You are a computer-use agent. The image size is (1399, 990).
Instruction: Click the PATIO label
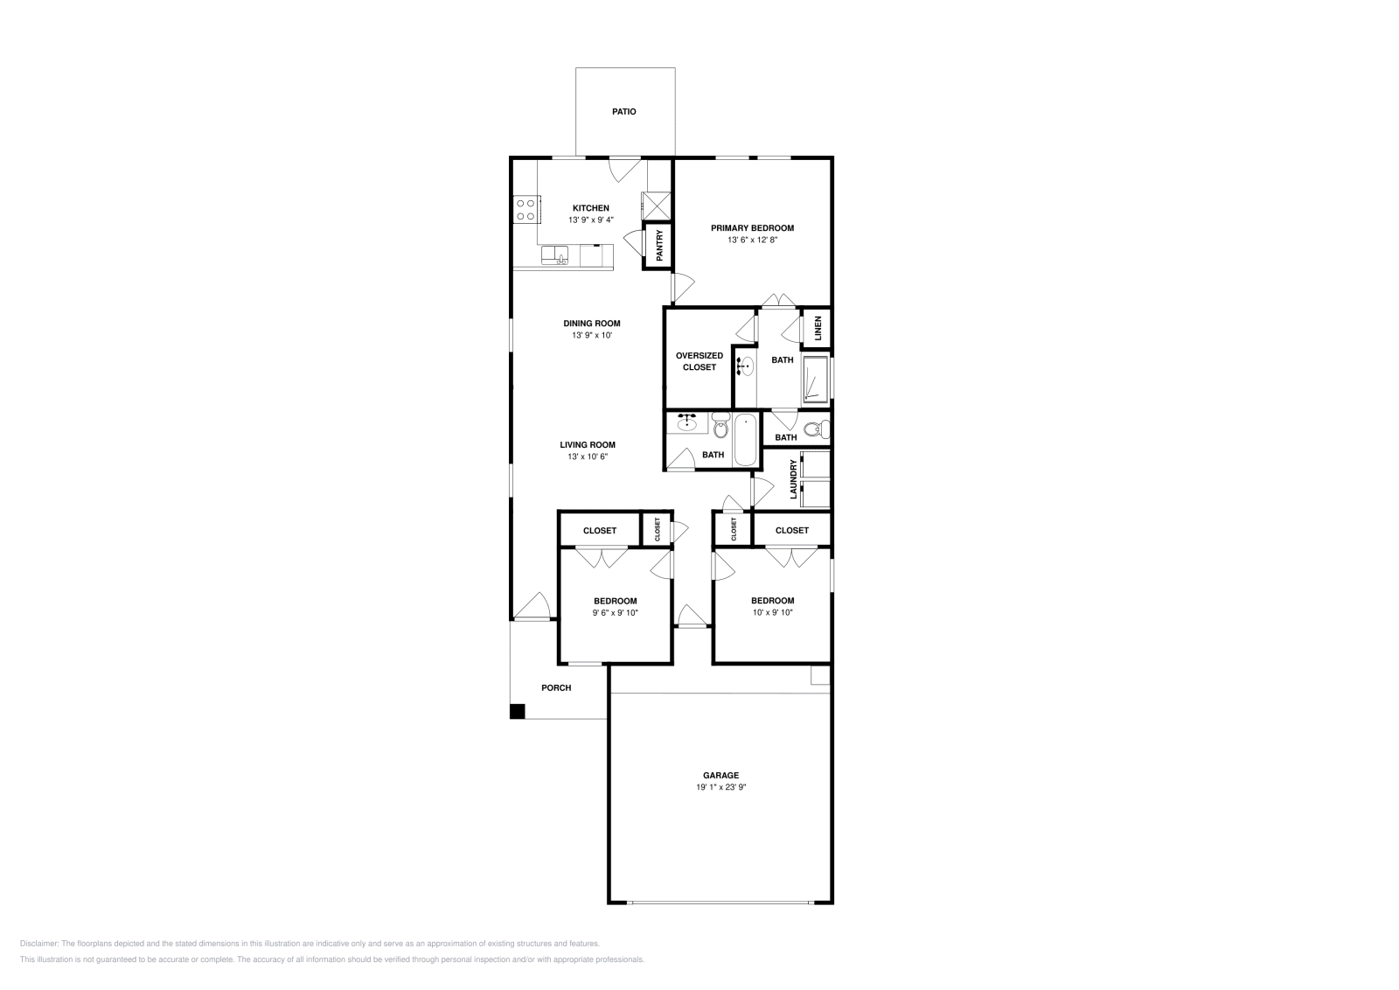pyautogui.click(x=623, y=112)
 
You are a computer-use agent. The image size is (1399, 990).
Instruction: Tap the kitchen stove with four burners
pyautogui.click(x=525, y=209)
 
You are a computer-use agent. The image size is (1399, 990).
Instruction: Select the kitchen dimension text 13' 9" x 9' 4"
pyautogui.click(x=591, y=220)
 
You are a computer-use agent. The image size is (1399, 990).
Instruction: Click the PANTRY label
pyautogui.click(x=659, y=247)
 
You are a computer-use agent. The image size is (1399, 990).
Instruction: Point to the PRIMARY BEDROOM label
pyautogui.click(x=752, y=228)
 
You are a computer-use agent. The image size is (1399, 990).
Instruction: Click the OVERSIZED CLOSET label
pyautogui.click(x=699, y=361)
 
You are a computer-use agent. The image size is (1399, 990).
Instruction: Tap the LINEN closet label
pyautogui.click(x=818, y=328)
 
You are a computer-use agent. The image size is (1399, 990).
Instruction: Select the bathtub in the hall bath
pyautogui.click(x=746, y=441)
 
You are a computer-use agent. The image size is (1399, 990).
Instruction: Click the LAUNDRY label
pyautogui.click(x=794, y=479)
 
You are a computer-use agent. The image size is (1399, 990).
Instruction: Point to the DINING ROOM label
pyautogui.click(x=592, y=324)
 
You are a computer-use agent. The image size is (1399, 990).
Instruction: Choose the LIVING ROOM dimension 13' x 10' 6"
pyautogui.click(x=588, y=457)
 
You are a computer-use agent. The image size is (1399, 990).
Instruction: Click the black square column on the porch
pyautogui.click(x=518, y=711)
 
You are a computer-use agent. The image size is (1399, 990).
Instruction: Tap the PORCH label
pyautogui.click(x=556, y=688)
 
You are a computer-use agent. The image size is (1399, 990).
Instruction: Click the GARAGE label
pyautogui.click(x=720, y=776)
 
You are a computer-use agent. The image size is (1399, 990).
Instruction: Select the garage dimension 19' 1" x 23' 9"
pyautogui.click(x=720, y=787)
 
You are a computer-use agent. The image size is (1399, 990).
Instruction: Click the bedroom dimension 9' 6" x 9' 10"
pyautogui.click(x=615, y=613)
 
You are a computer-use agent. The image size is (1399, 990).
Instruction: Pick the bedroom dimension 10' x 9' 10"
pyautogui.click(x=772, y=612)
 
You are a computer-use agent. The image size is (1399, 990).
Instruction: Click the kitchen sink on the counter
pyautogui.click(x=555, y=255)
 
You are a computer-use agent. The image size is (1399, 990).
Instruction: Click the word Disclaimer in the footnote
pyautogui.click(x=38, y=944)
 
